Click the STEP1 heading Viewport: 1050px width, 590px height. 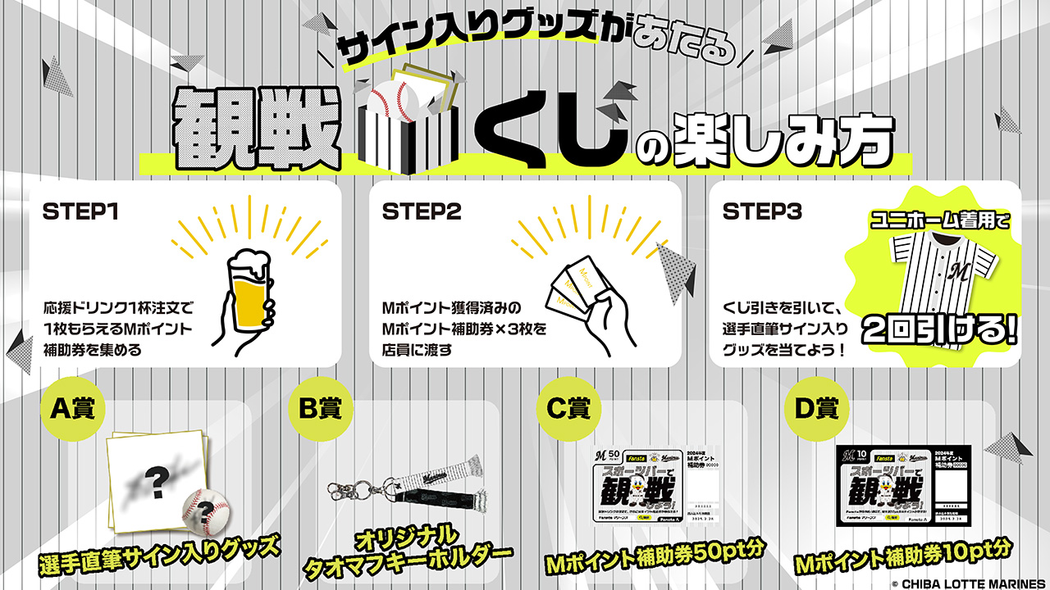click(x=81, y=211)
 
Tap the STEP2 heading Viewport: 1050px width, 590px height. click(x=422, y=211)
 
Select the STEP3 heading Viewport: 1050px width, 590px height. click(x=763, y=211)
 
